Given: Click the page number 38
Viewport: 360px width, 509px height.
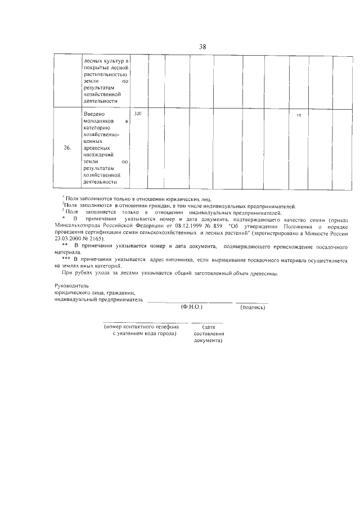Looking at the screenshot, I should (202, 47).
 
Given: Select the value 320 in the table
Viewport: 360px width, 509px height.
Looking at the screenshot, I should (138, 114).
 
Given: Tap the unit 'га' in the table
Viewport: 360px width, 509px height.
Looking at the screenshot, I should (299, 115).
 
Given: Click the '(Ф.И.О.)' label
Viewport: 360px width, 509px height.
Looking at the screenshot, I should (191, 308).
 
